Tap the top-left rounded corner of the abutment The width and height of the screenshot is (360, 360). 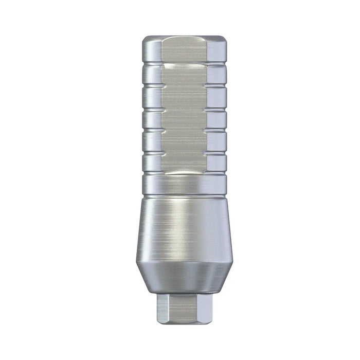point(146,41)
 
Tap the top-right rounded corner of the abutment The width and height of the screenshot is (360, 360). point(222,41)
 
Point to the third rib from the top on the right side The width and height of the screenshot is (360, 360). point(217,120)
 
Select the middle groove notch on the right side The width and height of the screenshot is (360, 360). point(217,109)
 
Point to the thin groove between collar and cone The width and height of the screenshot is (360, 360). point(184,196)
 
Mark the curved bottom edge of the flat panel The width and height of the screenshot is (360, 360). point(184,173)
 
